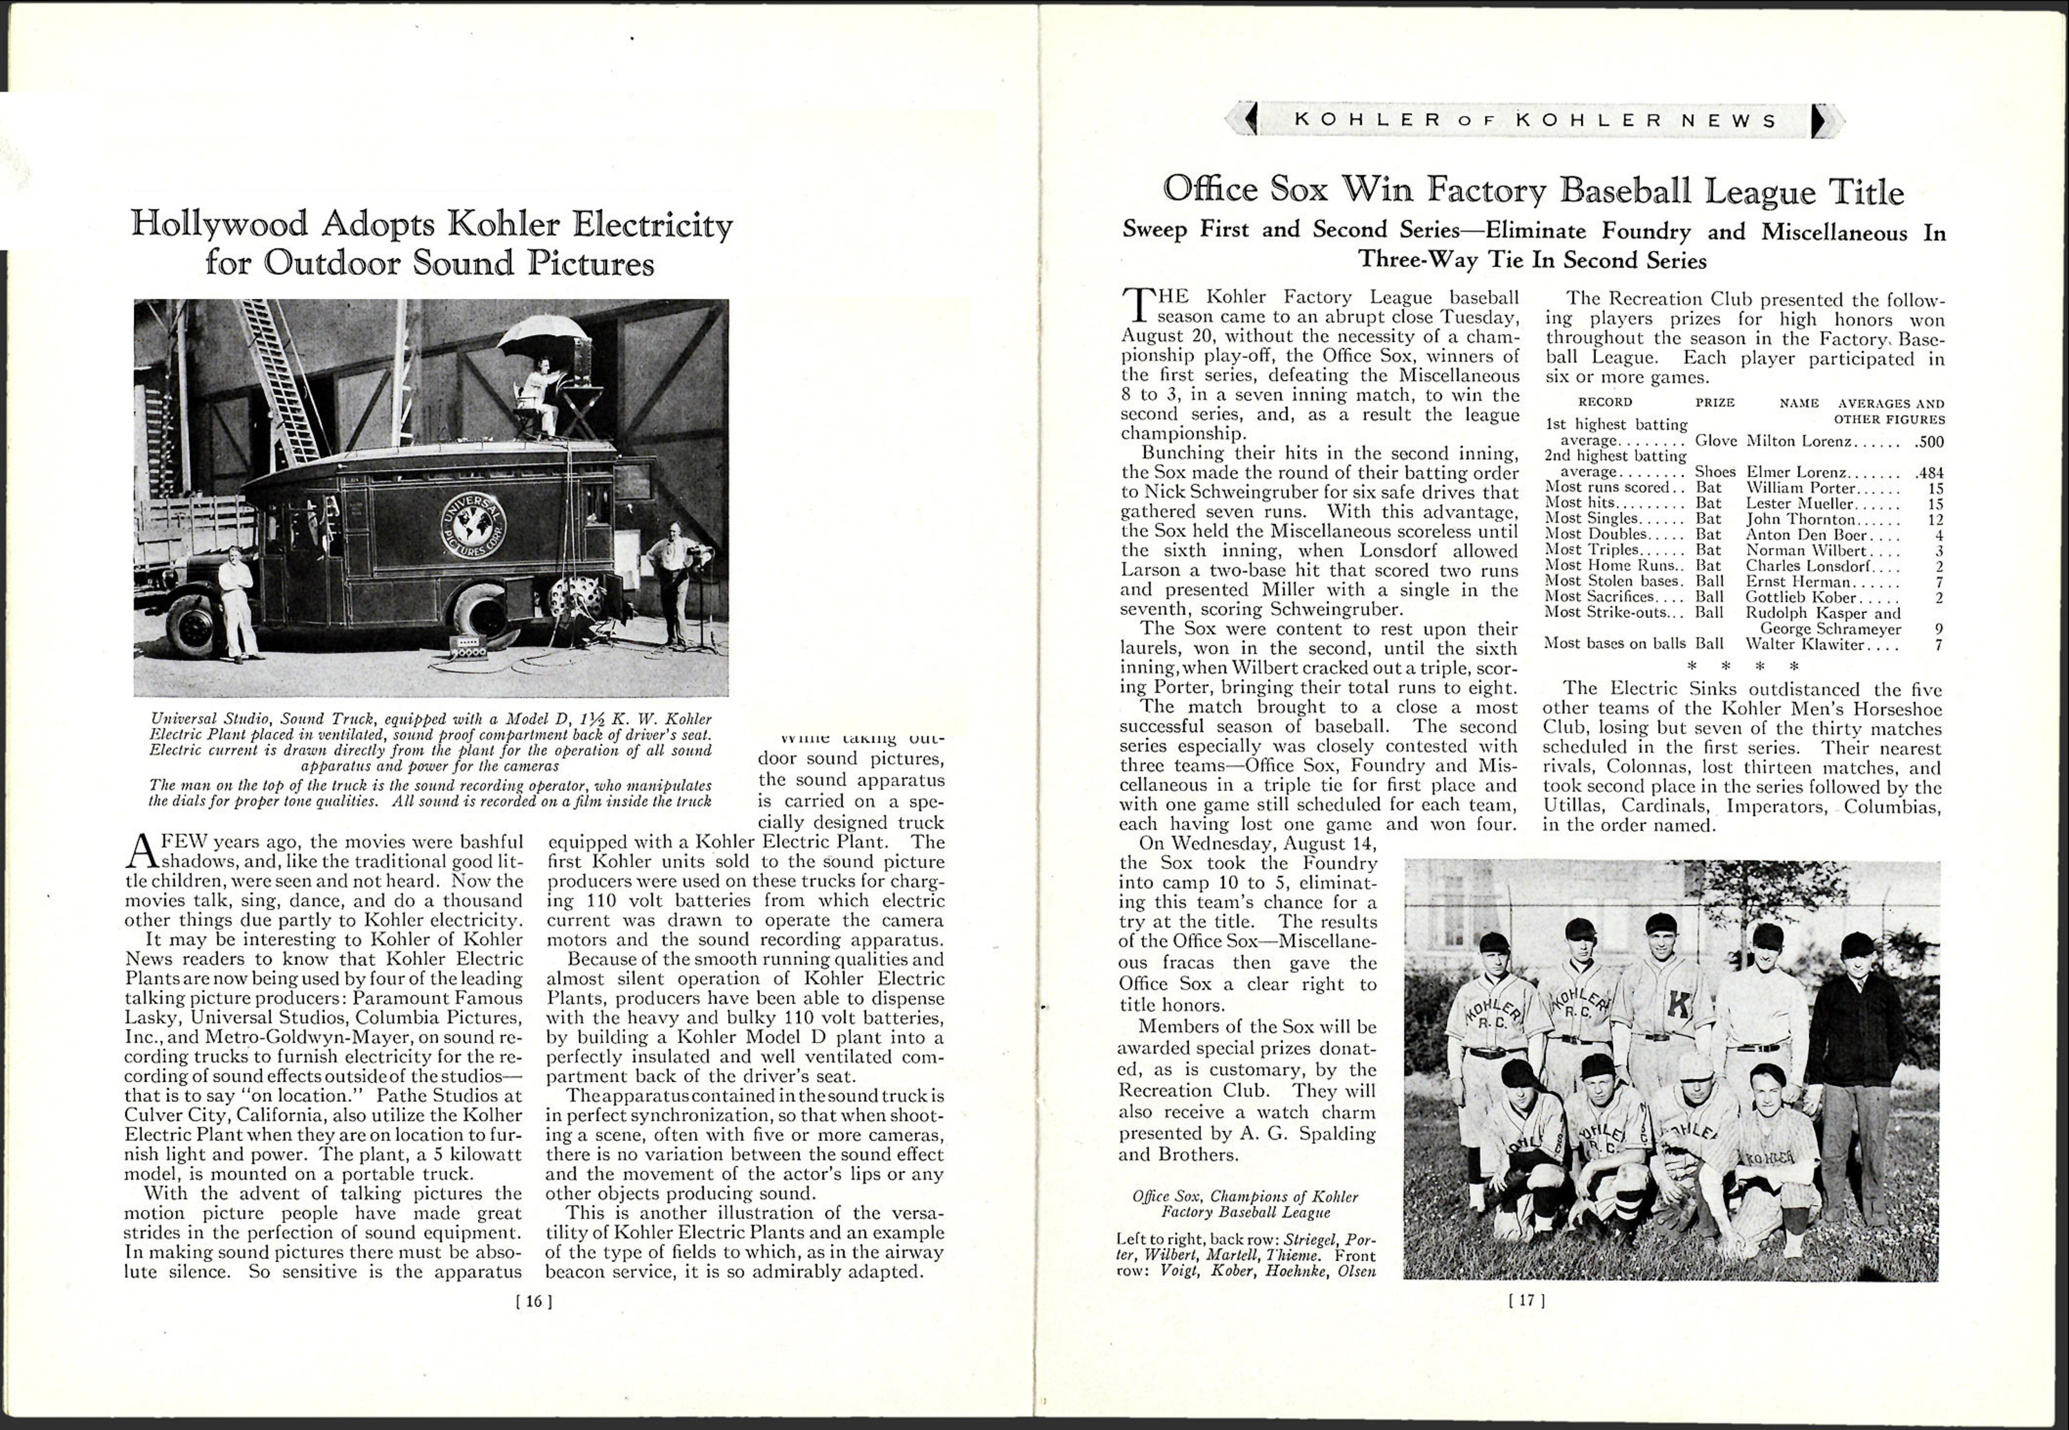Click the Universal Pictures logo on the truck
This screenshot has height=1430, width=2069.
[x=472, y=525]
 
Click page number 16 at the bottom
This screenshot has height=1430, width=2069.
[x=534, y=1301]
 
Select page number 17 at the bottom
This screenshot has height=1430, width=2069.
[x=1527, y=1299]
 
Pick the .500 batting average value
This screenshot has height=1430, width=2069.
[x=1928, y=441]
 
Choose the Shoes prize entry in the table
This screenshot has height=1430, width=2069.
[x=1715, y=472]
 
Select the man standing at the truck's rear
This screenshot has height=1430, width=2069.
[x=671, y=587]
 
